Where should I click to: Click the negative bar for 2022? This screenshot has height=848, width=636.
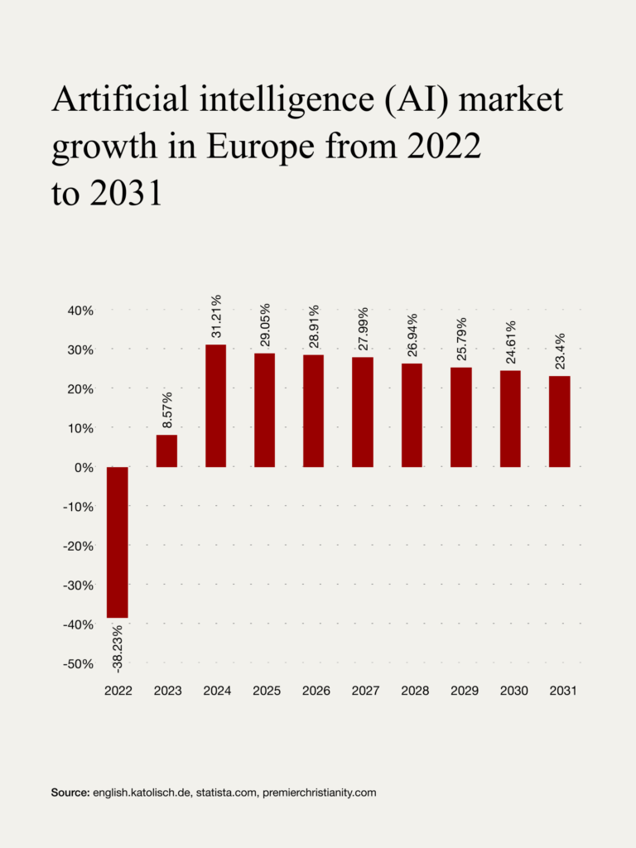point(118,542)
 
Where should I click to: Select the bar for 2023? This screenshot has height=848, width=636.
point(166,450)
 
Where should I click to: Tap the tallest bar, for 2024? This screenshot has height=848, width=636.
point(215,406)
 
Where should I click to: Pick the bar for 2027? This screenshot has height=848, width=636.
point(363,412)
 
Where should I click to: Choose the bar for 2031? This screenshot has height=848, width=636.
point(560,422)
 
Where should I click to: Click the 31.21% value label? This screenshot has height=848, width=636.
point(216,316)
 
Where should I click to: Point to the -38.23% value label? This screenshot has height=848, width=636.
point(118,647)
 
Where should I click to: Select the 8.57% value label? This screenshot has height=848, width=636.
point(167,409)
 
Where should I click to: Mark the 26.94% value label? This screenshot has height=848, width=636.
point(412,335)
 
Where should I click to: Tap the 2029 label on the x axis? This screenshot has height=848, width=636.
point(461,691)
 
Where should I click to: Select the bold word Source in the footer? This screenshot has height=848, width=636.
point(70,793)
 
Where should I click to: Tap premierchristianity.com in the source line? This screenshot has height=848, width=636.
point(319,793)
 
